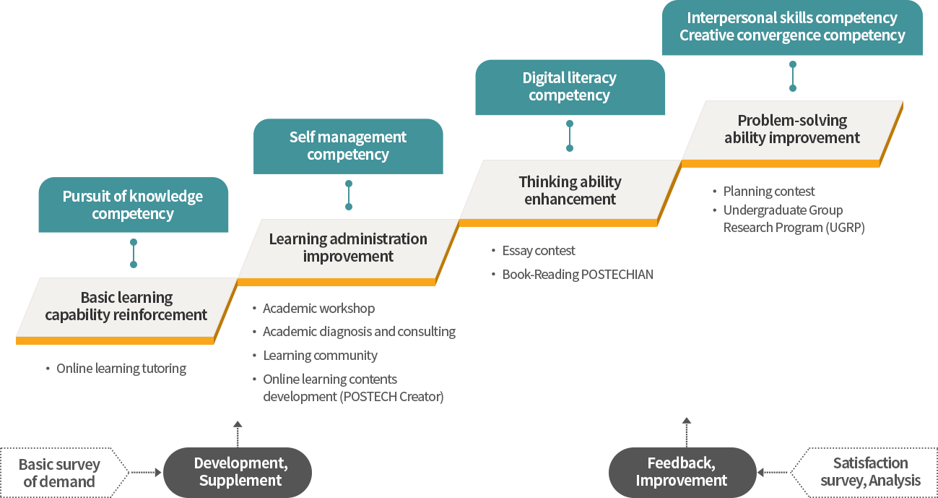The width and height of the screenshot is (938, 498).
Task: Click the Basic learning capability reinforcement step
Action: click(x=126, y=306)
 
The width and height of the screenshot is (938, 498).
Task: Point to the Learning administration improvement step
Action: click(x=348, y=247)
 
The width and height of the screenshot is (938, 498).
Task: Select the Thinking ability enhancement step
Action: click(x=570, y=190)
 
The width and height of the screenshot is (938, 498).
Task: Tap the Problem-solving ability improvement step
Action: click(x=792, y=129)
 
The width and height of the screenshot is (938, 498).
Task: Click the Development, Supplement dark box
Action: click(x=238, y=472)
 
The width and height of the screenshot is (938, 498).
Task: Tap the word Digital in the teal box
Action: click(x=544, y=78)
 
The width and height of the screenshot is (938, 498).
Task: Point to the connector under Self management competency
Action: click(x=348, y=197)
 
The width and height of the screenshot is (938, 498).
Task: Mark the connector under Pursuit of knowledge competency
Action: click(x=133, y=254)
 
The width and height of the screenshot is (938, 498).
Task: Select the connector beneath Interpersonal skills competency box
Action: click(x=792, y=78)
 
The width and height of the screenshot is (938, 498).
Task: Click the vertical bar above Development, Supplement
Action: click(x=237, y=433)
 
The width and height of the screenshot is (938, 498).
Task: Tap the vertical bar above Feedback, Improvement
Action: click(x=686, y=431)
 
